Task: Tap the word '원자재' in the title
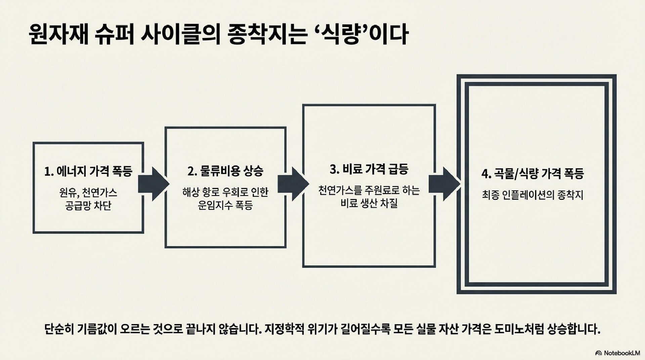59,34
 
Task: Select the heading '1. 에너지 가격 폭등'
88,171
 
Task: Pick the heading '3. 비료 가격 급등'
369,169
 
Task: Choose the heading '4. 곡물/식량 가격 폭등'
532,174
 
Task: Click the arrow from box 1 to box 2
154,184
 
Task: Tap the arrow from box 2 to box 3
293,184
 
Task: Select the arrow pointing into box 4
444,184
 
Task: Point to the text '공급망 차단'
88,206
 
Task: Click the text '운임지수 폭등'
225,205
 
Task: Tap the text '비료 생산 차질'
369,204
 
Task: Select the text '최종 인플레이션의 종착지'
532,195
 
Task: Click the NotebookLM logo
617,353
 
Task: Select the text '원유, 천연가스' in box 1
88,192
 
